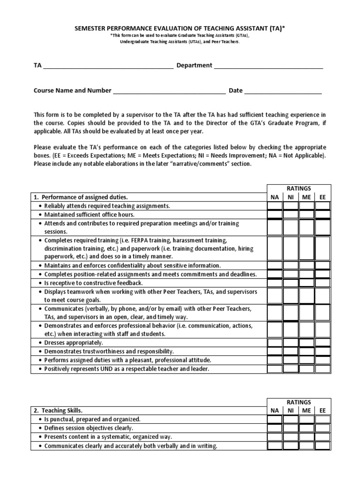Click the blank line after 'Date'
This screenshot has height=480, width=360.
click(283, 91)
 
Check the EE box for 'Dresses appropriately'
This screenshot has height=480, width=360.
click(322, 343)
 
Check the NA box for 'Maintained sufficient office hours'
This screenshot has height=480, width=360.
click(275, 214)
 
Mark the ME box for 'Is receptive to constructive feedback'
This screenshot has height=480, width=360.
click(307, 283)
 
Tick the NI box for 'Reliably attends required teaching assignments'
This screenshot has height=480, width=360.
click(291, 206)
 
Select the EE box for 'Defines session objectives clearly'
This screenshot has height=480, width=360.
click(322, 428)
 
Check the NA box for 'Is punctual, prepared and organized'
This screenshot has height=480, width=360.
click(275, 420)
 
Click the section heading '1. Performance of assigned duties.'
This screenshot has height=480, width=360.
click(81, 197)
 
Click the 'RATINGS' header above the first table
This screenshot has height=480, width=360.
click(299, 188)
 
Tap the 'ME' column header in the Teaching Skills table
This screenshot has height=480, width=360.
click(307, 411)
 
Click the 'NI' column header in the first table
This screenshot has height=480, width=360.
click(291, 197)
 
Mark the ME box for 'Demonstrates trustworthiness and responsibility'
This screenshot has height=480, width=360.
click(307, 351)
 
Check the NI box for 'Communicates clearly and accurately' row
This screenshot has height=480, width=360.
click(291, 445)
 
